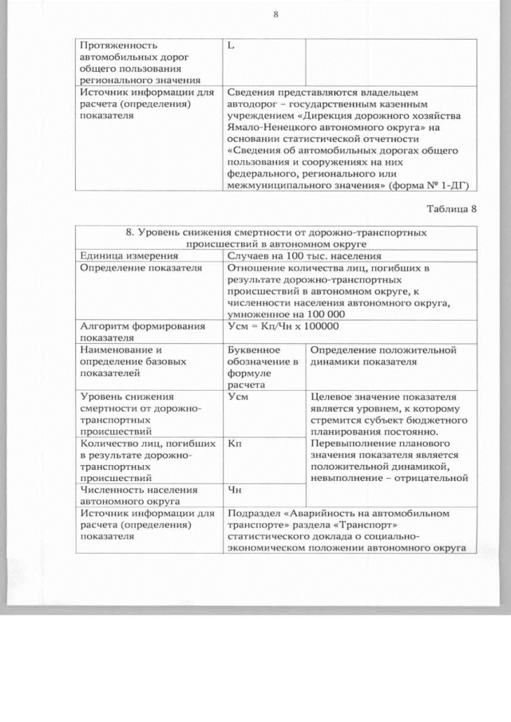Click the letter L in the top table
(x=231, y=45)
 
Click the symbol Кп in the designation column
(x=235, y=442)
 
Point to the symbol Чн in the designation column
(x=235, y=489)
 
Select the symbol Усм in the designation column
(x=237, y=396)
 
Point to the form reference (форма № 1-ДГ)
(x=431, y=185)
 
